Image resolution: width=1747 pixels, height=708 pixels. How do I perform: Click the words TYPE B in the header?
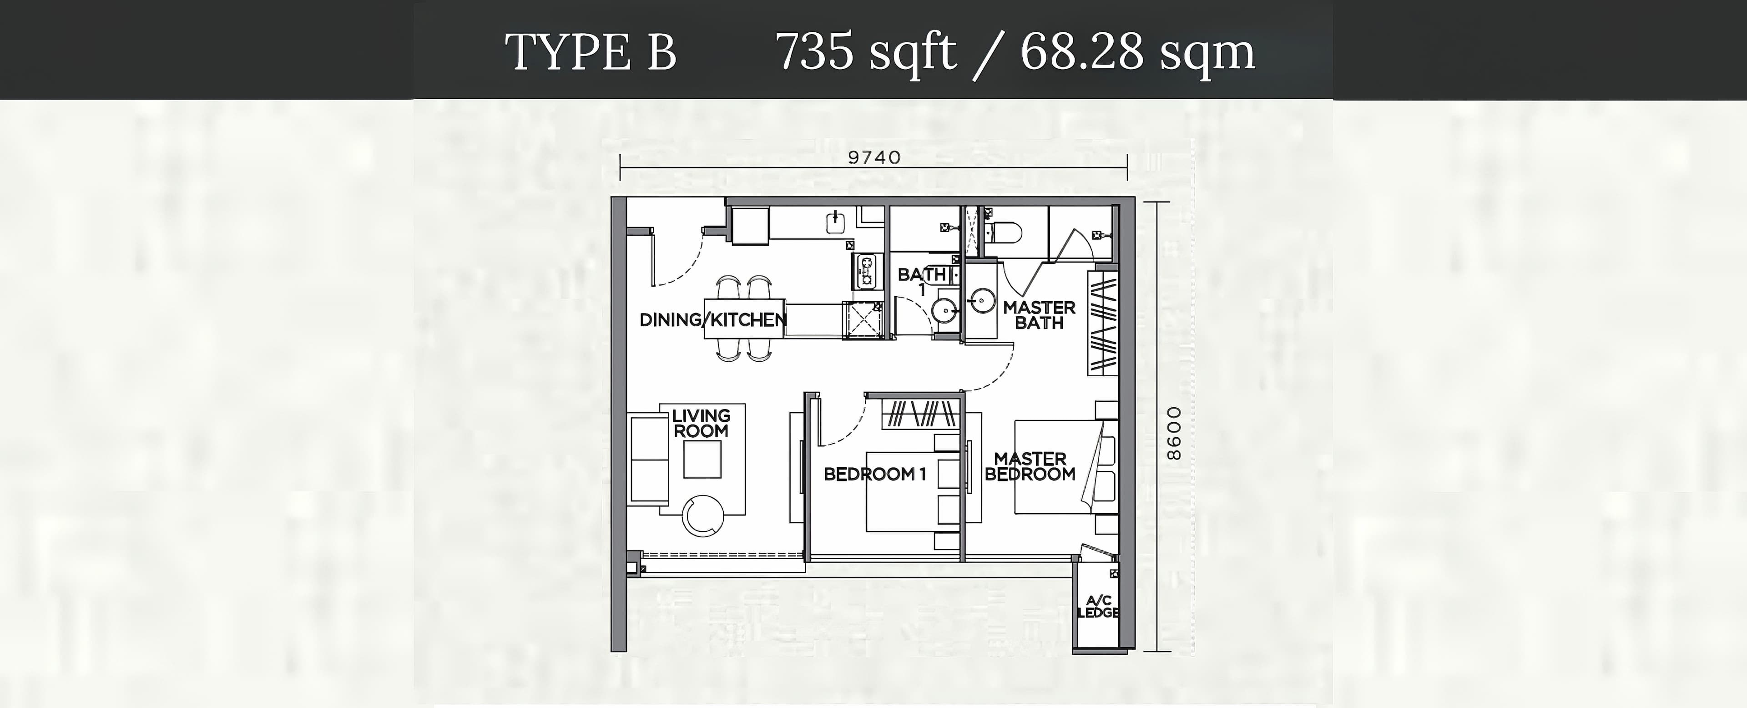click(591, 52)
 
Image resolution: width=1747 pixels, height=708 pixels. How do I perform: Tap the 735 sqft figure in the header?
click(866, 52)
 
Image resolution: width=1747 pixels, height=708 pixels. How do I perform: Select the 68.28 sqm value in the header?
click(1137, 52)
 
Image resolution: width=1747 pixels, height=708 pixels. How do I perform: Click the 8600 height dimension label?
click(1174, 433)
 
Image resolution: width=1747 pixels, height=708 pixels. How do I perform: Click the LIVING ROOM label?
click(701, 423)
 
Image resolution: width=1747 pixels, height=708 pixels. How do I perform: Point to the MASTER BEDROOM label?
click(1030, 466)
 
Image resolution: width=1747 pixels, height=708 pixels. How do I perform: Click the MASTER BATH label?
click(1039, 315)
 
